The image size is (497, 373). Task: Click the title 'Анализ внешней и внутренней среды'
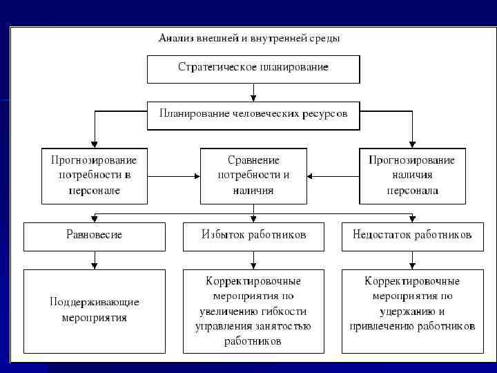(x=249, y=38)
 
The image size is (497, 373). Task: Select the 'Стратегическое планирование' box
(x=253, y=68)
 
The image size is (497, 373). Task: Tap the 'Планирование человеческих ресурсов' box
(x=253, y=114)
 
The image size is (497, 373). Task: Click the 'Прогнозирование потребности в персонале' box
(x=95, y=175)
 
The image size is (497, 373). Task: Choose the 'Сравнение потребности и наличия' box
(x=253, y=175)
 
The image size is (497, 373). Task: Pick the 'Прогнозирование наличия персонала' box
(x=412, y=175)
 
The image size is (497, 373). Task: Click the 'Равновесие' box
(x=95, y=235)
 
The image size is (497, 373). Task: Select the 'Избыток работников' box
(x=253, y=235)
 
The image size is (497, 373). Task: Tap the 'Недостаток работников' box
(x=412, y=235)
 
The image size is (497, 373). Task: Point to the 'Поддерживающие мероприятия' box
(x=95, y=310)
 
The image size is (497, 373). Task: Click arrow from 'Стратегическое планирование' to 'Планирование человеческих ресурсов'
(x=254, y=92)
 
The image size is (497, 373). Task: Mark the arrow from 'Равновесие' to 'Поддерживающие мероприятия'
(x=95, y=260)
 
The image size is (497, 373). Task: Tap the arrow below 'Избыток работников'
(x=254, y=260)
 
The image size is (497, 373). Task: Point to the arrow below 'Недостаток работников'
(x=413, y=260)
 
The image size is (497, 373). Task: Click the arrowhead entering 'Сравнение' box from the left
(x=196, y=176)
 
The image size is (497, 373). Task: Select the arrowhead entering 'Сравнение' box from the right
(x=311, y=176)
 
